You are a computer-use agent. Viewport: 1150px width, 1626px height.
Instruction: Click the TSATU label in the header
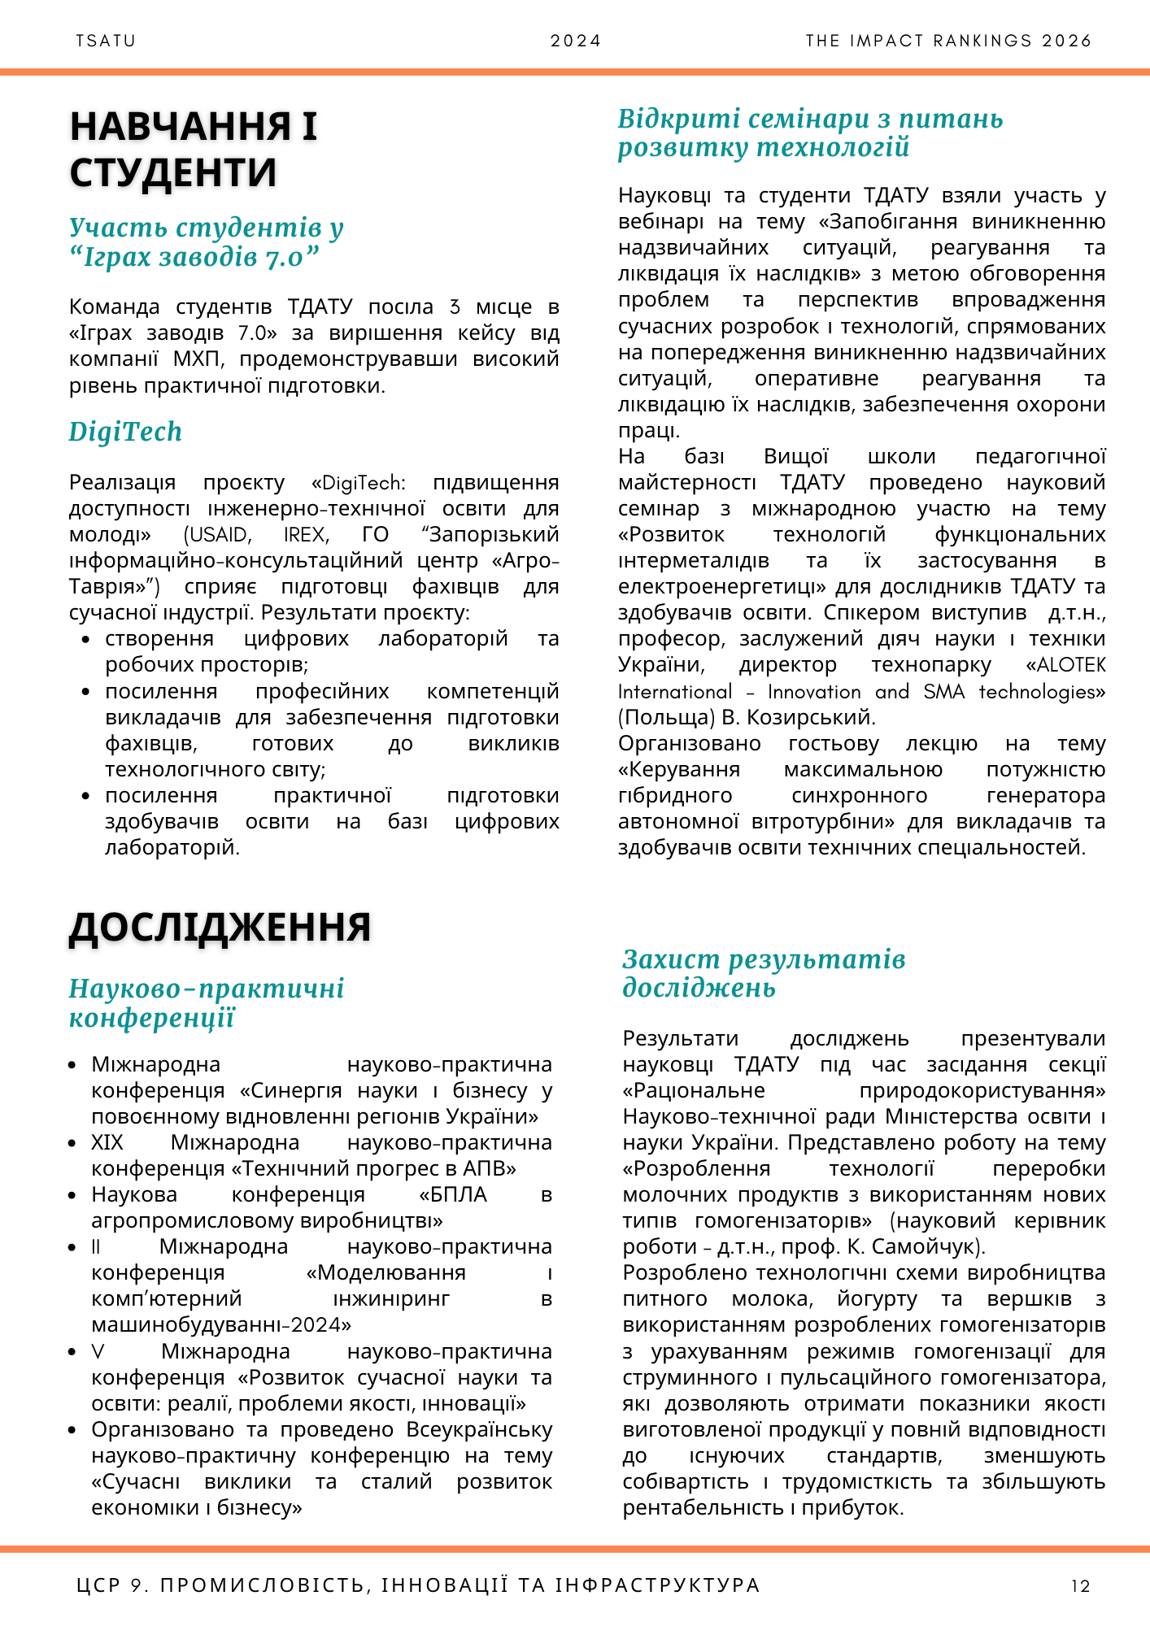click(106, 41)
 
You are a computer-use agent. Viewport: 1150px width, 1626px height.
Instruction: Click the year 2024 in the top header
click(576, 41)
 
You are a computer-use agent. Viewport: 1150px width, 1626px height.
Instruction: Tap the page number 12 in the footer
click(1081, 1585)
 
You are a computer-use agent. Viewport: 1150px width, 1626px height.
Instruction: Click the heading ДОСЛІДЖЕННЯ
click(220, 927)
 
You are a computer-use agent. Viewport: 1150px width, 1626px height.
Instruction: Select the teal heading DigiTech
click(125, 432)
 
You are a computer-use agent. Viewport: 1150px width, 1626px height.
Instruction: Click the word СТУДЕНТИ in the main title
click(173, 172)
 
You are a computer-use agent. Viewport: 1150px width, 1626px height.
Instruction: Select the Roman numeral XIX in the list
click(107, 1143)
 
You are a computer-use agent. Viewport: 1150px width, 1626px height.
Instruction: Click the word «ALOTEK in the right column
click(1065, 665)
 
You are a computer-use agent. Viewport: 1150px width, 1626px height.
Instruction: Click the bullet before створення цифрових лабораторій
click(86, 640)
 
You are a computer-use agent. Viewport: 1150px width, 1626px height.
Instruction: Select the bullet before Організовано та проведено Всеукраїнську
click(73, 1430)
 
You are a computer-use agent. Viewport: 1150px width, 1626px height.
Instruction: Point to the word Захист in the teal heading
click(671, 960)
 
